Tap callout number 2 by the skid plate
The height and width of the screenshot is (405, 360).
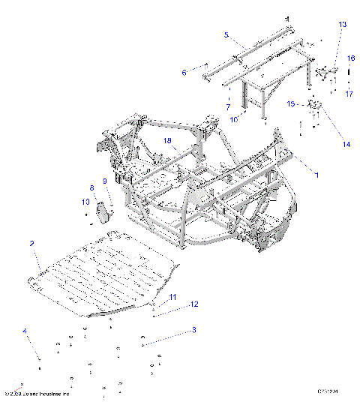point(31,243)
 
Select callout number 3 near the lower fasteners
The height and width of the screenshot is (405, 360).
point(193,329)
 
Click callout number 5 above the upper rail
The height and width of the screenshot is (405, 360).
point(226,34)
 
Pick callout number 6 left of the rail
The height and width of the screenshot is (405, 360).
point(183,72)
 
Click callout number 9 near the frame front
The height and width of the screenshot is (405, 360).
point(105,181)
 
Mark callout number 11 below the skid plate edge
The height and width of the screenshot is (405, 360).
point(172,298)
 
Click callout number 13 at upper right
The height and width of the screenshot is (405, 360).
point(342,25)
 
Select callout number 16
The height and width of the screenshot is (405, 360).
point(349,58)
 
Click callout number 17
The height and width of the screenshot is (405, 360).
point(349,94)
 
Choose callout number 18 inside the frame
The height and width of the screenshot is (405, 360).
point(168,140)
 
